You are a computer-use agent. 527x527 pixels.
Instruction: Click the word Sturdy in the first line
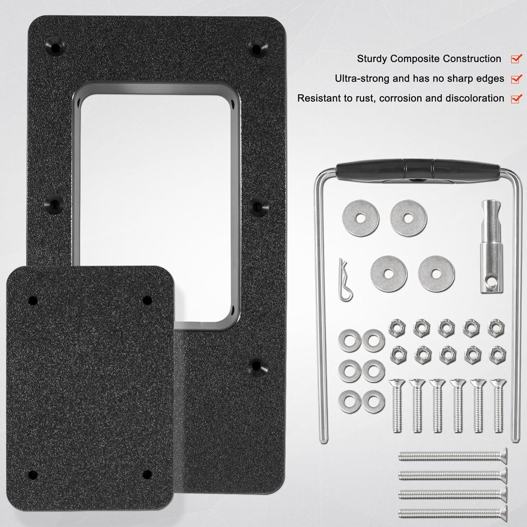click(372, 59)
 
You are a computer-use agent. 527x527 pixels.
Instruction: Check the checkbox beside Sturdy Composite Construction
click(516, 59)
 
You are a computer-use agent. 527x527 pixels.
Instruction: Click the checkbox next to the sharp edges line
click(516, 79)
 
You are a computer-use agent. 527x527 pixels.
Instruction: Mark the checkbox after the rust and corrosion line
click(516, 98)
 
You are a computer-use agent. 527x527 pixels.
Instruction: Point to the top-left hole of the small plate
click(33, 300)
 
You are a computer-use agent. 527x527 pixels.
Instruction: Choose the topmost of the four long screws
click(453, 456)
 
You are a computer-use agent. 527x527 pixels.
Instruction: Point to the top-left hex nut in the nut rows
click(396, 327)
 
